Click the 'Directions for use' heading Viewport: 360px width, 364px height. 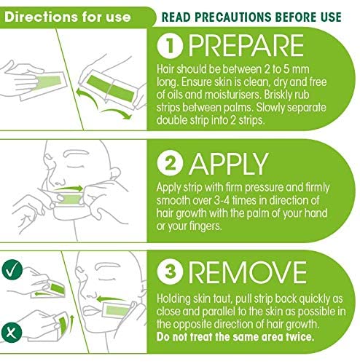pyautogui.click(x=68, y=17)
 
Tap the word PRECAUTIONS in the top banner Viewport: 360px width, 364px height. pyautogui.click(x=233, y=17)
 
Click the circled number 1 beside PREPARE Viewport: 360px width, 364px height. pyautogui.click(x=170, y=46)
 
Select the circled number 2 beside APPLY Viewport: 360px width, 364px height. pyautogui.click(x=170, y=163)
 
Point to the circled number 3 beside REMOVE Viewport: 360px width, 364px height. pyautogui.click(x=170, y=271)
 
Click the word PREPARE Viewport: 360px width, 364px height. pyautogui.click(x=246, y=46)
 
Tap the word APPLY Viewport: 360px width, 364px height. pyautogui.click(x=229, y=163)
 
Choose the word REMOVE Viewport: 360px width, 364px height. pyautogui.click(x=248, y=272)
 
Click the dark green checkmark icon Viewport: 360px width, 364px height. pyautogui.click(x=12, y=270)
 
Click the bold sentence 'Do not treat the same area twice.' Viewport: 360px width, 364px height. pyautogui.click(x=235, y=337)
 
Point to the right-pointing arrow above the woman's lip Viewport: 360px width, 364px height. pyautogui.click(x=68, y=188)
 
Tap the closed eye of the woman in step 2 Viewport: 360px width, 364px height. pyautogui.click(x=76, y=166)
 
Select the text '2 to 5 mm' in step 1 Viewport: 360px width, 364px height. pyautogui.click(x=286, y=69)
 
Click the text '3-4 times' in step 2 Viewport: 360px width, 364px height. pyautogui.click(x=235, y=200)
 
